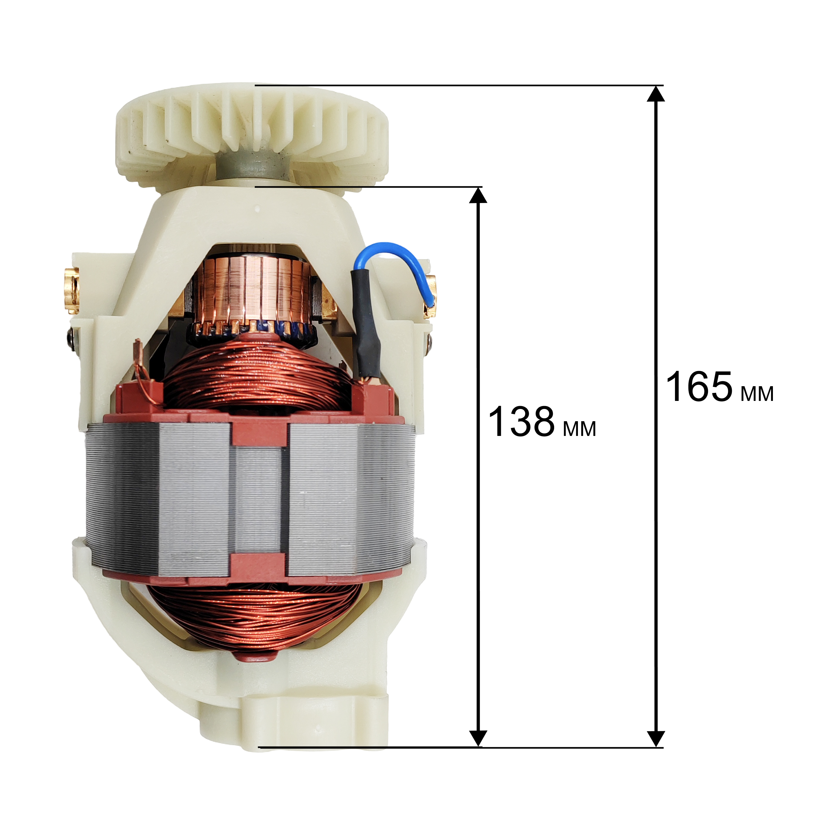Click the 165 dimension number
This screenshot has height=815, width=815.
pos(699,387)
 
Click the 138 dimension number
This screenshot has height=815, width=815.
pos(521,421)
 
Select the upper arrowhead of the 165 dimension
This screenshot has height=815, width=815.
pos(656,94)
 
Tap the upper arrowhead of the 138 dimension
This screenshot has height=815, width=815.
pos(478,195)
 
